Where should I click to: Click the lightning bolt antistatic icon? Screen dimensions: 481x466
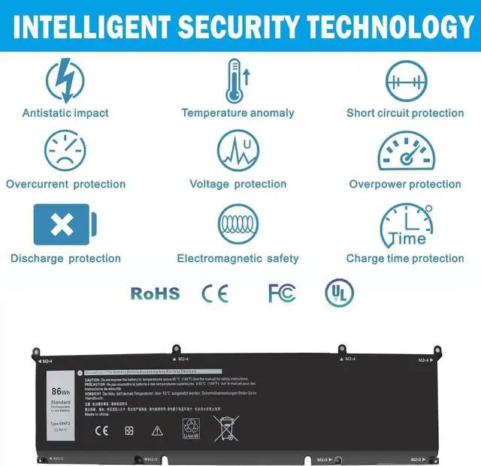coord(65,80)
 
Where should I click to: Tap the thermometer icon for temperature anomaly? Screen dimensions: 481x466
coord(237,80)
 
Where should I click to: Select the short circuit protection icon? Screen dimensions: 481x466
coord(406,80)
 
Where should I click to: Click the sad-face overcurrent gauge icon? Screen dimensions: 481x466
coord(65,151)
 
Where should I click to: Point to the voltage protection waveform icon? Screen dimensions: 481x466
coord(237,151)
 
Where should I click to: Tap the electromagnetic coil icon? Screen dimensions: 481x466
coord(237,224)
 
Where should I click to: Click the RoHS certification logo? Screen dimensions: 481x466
coord(156,293)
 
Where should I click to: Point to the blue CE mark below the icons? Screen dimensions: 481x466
coord(214,293)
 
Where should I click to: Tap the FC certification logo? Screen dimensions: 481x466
coord(282,293)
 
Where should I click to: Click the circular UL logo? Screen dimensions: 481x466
coord(339,292)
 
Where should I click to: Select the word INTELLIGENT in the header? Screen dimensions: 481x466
coord(88,27)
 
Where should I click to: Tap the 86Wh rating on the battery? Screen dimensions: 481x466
coord(61,391)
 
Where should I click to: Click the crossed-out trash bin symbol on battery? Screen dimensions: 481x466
coord(225,428)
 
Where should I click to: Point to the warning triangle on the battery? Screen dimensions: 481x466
coord(157,431)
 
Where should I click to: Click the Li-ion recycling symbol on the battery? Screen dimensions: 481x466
coord(192,428)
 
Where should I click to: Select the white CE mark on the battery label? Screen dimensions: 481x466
coord(100,431)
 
